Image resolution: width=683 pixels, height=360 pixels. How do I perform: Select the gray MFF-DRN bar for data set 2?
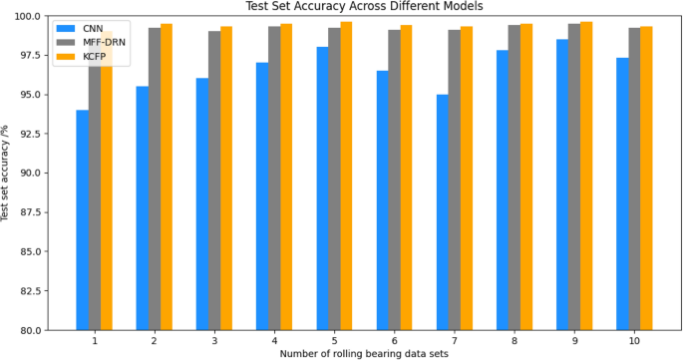[x=155, y=180]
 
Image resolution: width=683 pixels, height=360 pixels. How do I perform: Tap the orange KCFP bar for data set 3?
[x=226, y=180]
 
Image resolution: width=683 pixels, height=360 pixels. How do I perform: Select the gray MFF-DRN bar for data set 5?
[x=334, y=180]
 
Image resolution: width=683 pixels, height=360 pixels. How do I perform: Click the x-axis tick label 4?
[x=274, y=341]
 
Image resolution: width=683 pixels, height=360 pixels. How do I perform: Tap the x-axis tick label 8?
[x=514, y=341]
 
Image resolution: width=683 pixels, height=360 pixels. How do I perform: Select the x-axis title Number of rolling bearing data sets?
[x=364, y=354]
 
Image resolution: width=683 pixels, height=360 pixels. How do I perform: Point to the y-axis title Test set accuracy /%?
[x=7, y=174]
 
